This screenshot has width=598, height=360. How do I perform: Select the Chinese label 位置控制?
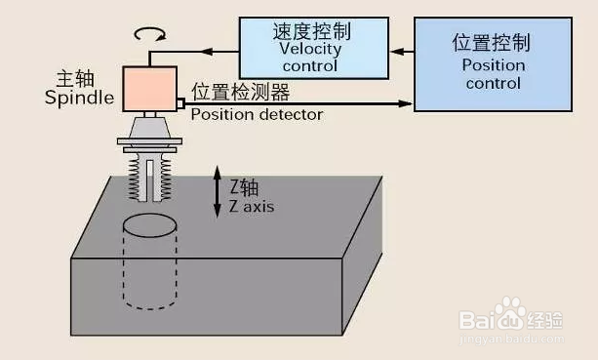494,43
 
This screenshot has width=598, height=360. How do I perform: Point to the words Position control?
494,74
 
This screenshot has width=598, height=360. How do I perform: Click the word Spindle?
79,98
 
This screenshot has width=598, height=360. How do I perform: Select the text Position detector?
256,114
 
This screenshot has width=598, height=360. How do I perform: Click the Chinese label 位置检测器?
240,94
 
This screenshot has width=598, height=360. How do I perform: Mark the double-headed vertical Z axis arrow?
218,192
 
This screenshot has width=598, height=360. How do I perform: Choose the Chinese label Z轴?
243,186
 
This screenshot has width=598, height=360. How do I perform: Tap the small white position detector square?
180,102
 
